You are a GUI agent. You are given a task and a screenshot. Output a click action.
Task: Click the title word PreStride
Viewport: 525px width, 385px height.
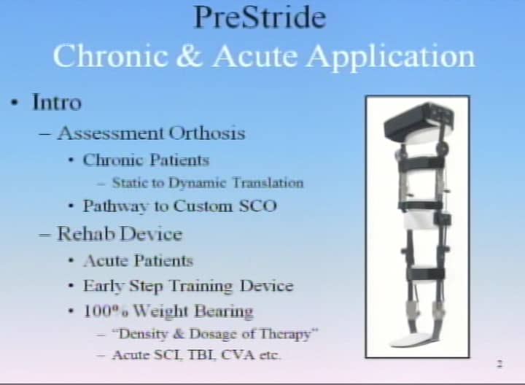[x=260, y=17]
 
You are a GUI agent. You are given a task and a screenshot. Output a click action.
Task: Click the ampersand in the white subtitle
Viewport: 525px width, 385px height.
[x=190, y=56]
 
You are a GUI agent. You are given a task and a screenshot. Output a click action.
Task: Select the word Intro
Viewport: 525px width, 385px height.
[x=57, y=102]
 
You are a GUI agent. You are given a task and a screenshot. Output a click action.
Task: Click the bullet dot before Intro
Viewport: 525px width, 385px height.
[x=14, y=103]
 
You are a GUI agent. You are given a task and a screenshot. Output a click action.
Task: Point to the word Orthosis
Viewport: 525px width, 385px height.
[x=207, y=133]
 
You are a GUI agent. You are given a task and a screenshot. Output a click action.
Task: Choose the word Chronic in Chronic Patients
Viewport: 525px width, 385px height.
[x=114, y=160]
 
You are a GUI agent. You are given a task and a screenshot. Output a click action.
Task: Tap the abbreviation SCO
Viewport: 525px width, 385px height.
[x=258, y=206]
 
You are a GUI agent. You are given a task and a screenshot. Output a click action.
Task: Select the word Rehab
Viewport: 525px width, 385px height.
[x=86, y=233]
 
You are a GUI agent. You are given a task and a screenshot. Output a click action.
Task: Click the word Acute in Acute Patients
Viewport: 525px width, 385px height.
[x=106, y=261]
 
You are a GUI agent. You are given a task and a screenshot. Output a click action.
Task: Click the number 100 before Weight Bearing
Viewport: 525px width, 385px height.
[x=98, y=311]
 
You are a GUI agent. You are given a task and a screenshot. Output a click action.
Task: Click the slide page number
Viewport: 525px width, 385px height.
[x=500, y=364]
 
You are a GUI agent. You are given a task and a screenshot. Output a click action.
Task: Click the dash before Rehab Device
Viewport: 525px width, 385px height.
[x=45, y=234]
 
